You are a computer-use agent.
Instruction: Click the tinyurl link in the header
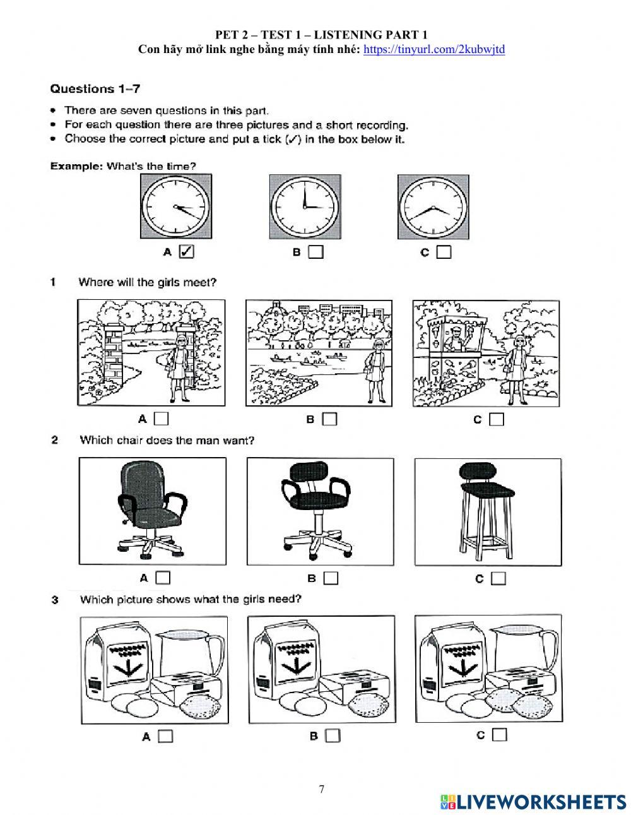pos(434,49)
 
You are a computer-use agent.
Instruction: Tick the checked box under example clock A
pos(186,252)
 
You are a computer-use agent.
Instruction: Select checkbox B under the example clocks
pos(316,253)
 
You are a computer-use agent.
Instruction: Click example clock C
pos(433,206)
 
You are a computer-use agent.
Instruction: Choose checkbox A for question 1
pos(162,419)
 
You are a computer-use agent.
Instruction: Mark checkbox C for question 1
pos(497,419)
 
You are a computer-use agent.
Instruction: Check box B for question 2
pos(331,578)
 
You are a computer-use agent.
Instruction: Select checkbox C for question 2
pos(498,578)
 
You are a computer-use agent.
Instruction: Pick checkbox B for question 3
pos(333,735)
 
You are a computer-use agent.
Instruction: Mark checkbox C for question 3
pos(500,735)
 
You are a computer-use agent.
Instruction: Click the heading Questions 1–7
pos(95,88)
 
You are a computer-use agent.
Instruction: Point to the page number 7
pos(322,789)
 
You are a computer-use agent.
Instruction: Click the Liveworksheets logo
pos(533,801)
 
